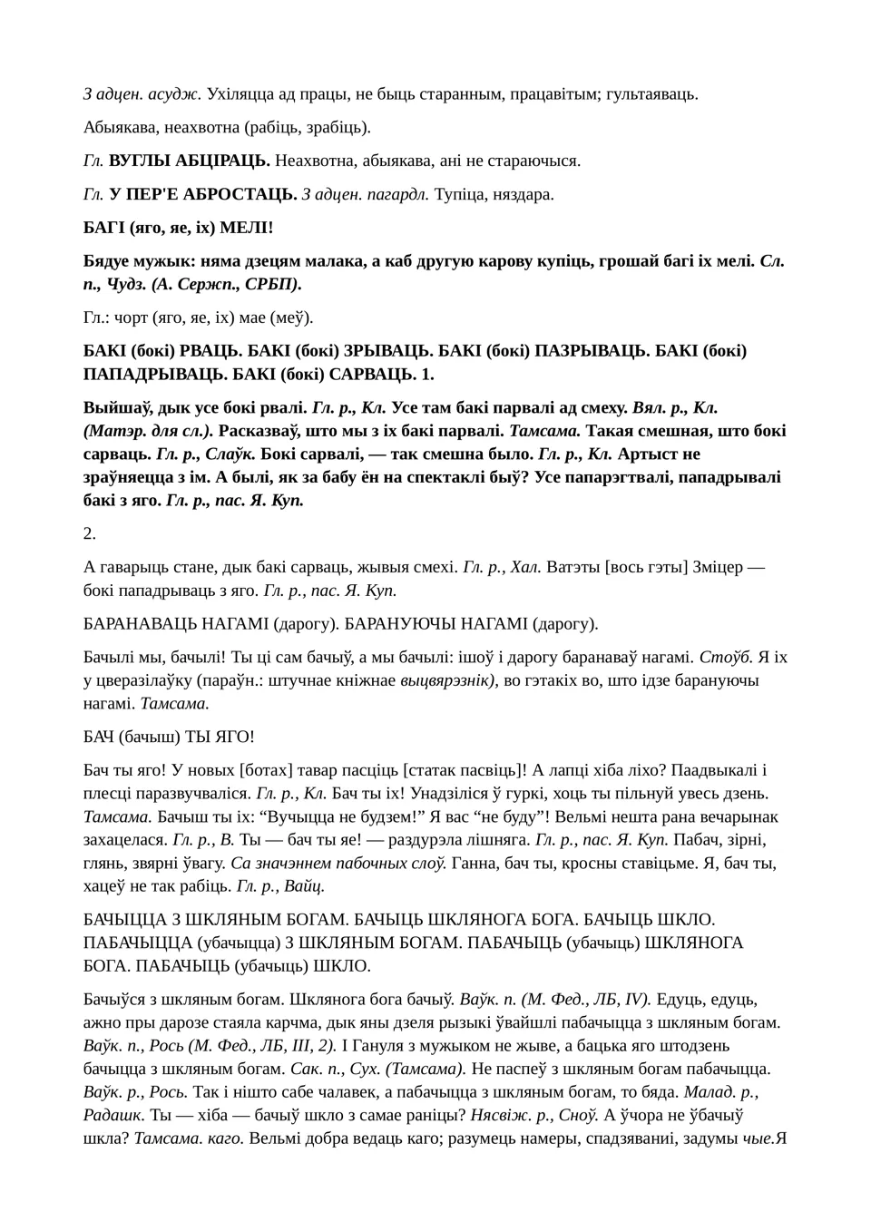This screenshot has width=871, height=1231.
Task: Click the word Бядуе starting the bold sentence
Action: [x=108, y=261]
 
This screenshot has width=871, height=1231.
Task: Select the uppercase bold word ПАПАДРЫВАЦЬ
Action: [x=139, y=374]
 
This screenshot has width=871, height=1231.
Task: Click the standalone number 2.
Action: [x=90, y=533]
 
